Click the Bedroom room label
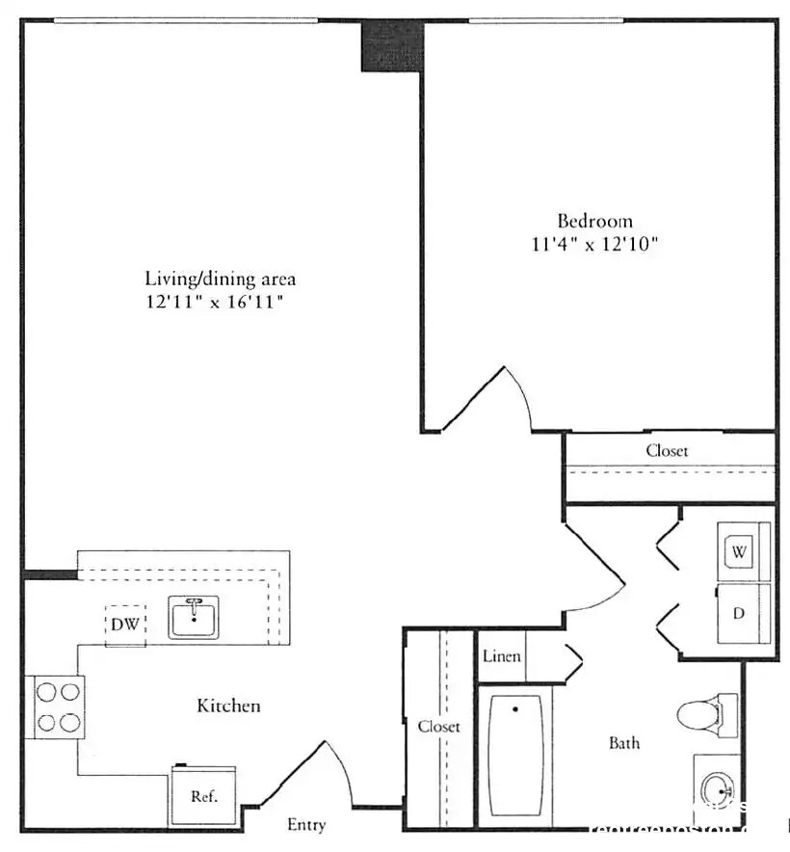click(x=594, y=221)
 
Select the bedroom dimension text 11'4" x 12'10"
click(x=594, y=244)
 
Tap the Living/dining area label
click(x=220, y=280)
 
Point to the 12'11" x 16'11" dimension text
click(x=220, y=302)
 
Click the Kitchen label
click(x=228, y=706)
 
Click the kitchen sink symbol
click(x=195, y=617)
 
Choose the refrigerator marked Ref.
click(x=203, y=795)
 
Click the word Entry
click(x=306, y=825)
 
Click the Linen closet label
click(x=501, y=656)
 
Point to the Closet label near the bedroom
click(x=667, y=450)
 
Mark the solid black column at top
click(x=392, y=44)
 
